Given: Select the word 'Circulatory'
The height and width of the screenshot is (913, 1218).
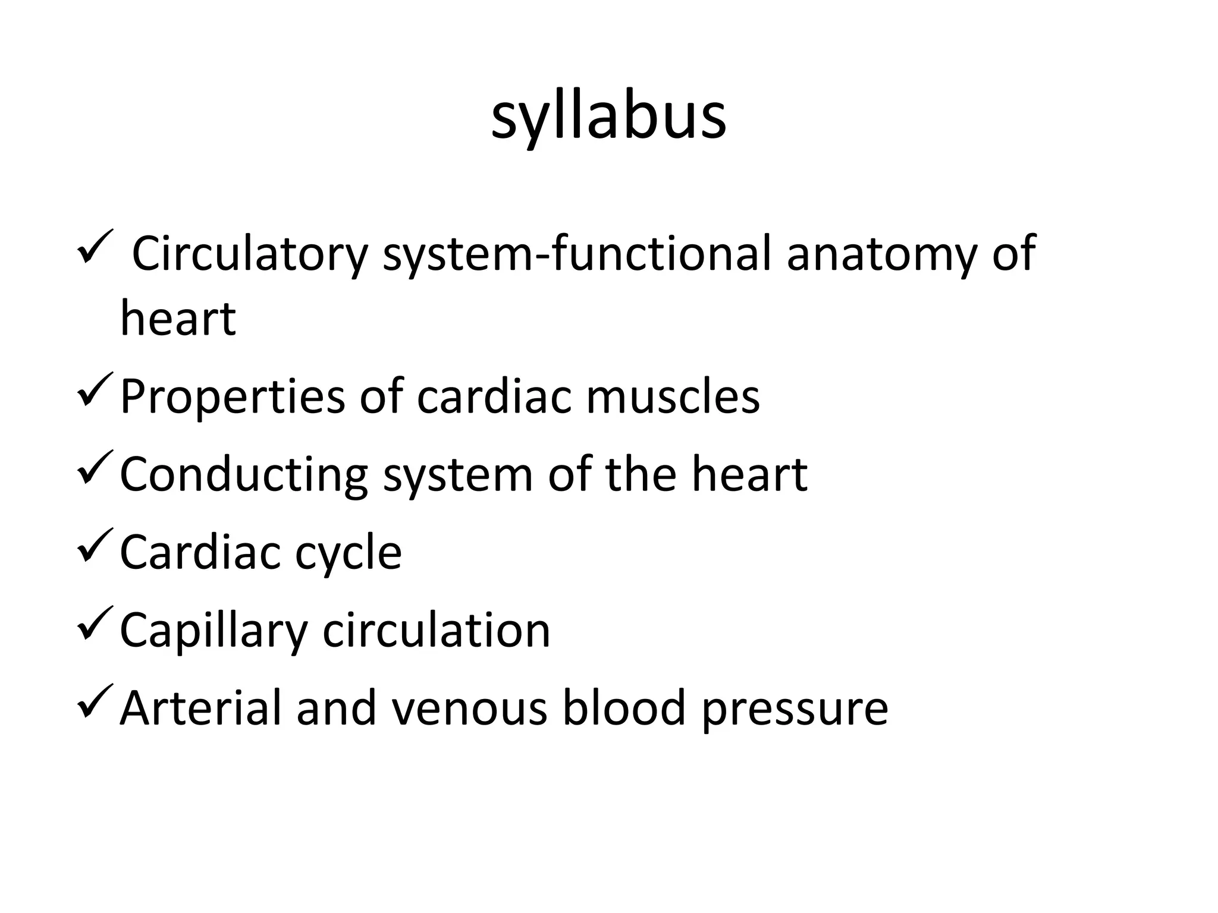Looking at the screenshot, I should pyautogui.click(x=250, y=254).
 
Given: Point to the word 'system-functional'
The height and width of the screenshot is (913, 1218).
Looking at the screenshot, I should pyautogui.click(x=577, y=254).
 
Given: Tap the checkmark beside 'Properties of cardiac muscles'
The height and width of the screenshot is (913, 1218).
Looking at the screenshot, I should pyautogui.click(x=95, y=389).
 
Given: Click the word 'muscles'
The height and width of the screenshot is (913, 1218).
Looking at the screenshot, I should pyautogui.click(x=673, y=396).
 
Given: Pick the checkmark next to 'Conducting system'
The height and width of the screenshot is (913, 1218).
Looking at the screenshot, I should pyautogui.click(x=95, y=467).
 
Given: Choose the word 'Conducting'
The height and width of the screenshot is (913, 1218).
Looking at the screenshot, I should pyautogui.click(x=244, y=475).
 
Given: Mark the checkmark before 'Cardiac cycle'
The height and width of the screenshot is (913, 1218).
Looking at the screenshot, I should pyautogui.click(x=95, y=545).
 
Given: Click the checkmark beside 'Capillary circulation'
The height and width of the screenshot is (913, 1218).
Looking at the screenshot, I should pyautogui.click(x=95, y=623).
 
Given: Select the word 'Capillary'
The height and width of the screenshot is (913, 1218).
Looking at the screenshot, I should pyautogui.click(x=214, y=631).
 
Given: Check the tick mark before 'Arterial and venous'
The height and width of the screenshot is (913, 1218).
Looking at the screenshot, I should pyautogui.click(x=95, y=701).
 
